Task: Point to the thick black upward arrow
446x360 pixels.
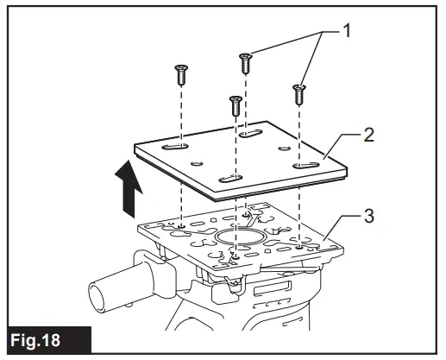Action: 128,193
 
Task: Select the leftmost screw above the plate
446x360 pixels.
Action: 182,75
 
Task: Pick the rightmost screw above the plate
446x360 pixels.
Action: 299,92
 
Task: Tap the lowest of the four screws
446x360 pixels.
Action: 234,106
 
